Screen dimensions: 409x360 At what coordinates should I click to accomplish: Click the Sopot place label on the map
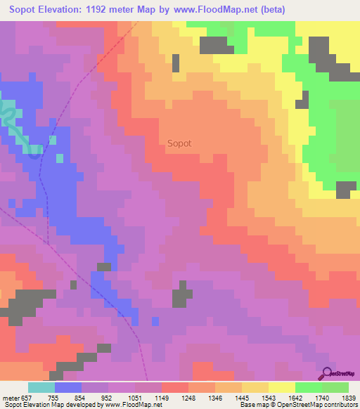(x=179, y=143)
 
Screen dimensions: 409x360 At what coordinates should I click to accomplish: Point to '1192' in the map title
(x=124, y=10)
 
